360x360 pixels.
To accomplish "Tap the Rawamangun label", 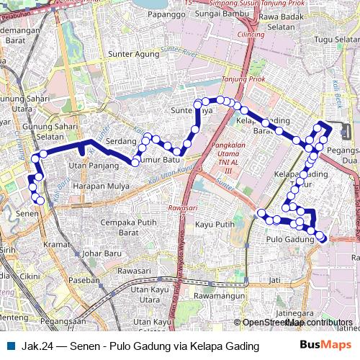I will pos(215,296).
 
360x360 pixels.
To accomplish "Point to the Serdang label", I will pos(121,142).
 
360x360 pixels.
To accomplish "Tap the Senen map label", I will pos(27,214).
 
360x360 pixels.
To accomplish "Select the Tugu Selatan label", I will pos(336,39).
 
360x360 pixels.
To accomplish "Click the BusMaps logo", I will pos(326,346).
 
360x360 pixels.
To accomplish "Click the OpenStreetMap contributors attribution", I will pos(296,323).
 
